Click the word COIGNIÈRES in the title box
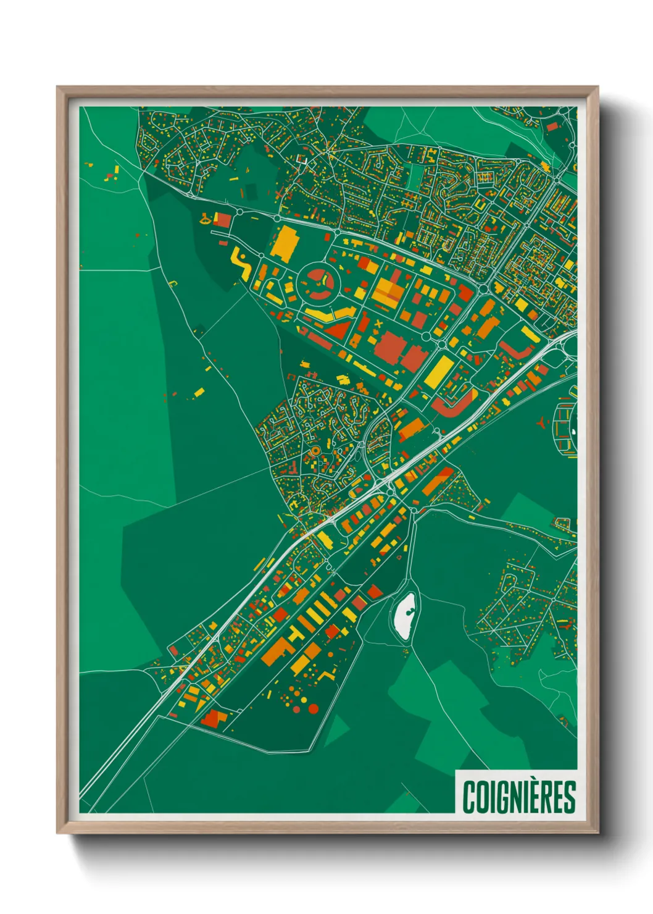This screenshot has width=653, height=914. tap(518, 797)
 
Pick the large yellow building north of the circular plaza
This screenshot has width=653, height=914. tap(285, 242)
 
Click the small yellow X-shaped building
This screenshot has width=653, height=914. tap(378, 323)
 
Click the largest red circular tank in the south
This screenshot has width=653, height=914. tap(313, 708)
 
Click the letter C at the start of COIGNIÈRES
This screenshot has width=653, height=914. tap(468, 797)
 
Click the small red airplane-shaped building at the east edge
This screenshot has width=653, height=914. tap(542, 422)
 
